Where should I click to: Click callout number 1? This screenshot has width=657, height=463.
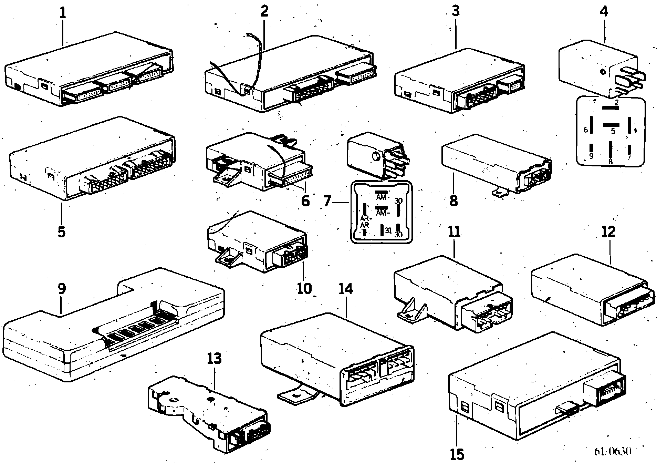pyautogui.click(x=62, y=13)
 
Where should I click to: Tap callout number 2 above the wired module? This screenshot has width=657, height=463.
pyautogui.click(x=264, y=12)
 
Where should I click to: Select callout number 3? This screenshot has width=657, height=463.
pyautogui.click(x=456, y=11)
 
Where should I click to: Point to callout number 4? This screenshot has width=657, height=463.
pyautogui.click(x=604, y=12)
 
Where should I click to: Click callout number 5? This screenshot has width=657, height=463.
pyautogui.click(x=61, y=232)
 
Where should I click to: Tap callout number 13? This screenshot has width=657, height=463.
pyautogui.click(x=214, y=359)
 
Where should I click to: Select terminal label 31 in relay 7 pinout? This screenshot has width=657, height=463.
pyautogui.click(x=388, y=230)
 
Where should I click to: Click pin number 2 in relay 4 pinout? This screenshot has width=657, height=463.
pyautogui.click(x=616, y=102)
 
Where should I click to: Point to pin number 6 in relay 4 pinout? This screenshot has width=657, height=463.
pyautogui.click(x=585, y=130)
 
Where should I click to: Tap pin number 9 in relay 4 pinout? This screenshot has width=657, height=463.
pyautogui.click(x=591, y=156)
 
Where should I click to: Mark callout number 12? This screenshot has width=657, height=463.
pyautogui.click(x=608, y=231)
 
